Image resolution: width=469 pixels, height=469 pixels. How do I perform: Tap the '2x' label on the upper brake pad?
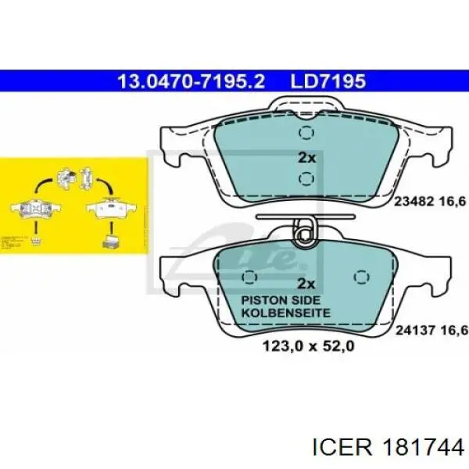pos(307,157)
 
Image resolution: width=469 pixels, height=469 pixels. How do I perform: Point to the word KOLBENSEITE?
pos(285,313)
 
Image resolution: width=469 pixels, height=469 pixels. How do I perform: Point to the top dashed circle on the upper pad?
pos(306,133)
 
